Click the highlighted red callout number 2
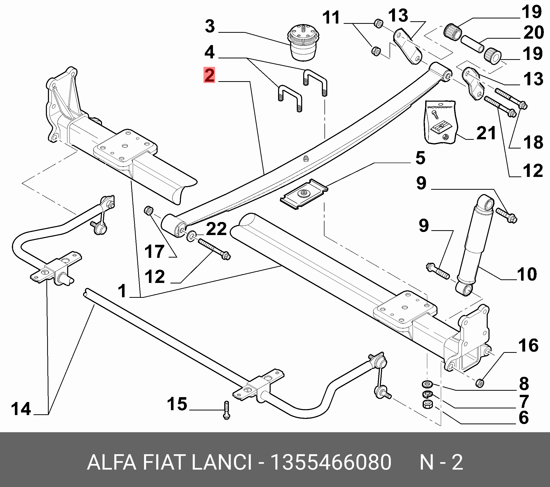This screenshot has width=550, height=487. tap(209, 75)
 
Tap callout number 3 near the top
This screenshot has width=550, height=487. tap(210, 26)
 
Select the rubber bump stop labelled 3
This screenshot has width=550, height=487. tap(303, 44)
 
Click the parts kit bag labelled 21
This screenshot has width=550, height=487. tap(441, 122)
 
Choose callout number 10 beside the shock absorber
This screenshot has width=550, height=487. tap(527, 274)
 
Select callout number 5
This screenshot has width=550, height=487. tap(420, 158)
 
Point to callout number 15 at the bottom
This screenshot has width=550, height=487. tap(177, 404)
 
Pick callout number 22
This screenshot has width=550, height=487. tap(216, 229)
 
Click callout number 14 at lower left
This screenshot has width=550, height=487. tap(21, 409)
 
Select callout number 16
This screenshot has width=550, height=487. tap(528, 345)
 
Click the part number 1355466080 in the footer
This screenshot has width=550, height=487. tap(331, 462)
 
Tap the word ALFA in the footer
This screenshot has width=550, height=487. tap(112, 462)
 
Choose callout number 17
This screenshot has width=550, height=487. tap(154, 251)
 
